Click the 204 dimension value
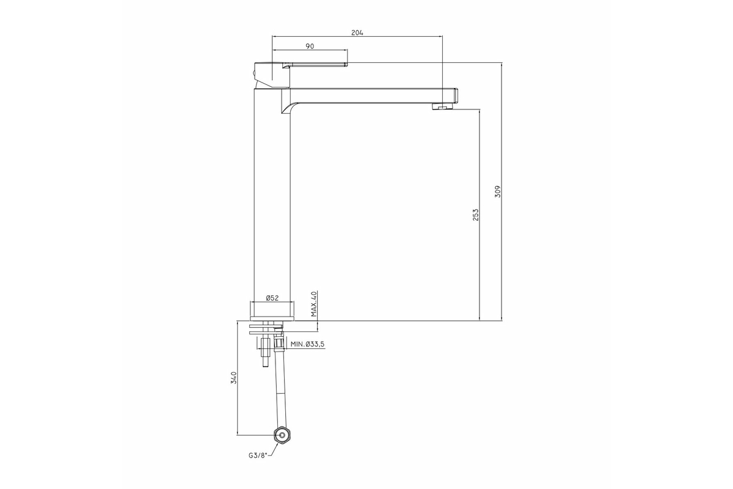[357, 32]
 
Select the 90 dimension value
[310, 46]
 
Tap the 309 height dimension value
[498, 191]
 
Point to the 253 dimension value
[475, 215]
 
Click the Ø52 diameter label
[272, 298]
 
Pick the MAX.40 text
[314, 304]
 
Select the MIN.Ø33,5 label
[307, 344]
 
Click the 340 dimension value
[233, 378]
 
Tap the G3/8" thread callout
[258, 455]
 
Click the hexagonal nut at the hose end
[282, 435]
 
